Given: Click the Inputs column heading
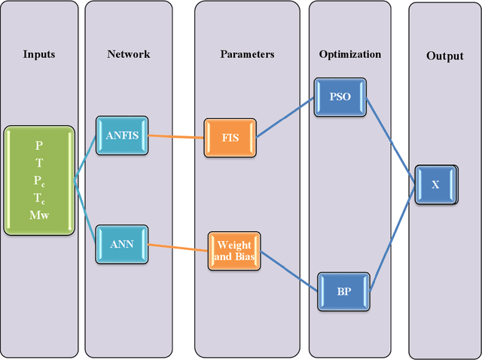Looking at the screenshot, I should click(38, 54).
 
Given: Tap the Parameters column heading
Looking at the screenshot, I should click(247, 54).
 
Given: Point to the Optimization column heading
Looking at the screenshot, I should click(349, 54).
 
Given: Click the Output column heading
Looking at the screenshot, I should click(445, 56).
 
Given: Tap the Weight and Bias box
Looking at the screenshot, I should click(234, 251).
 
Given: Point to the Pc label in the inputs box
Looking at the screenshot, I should click(38, 181).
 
